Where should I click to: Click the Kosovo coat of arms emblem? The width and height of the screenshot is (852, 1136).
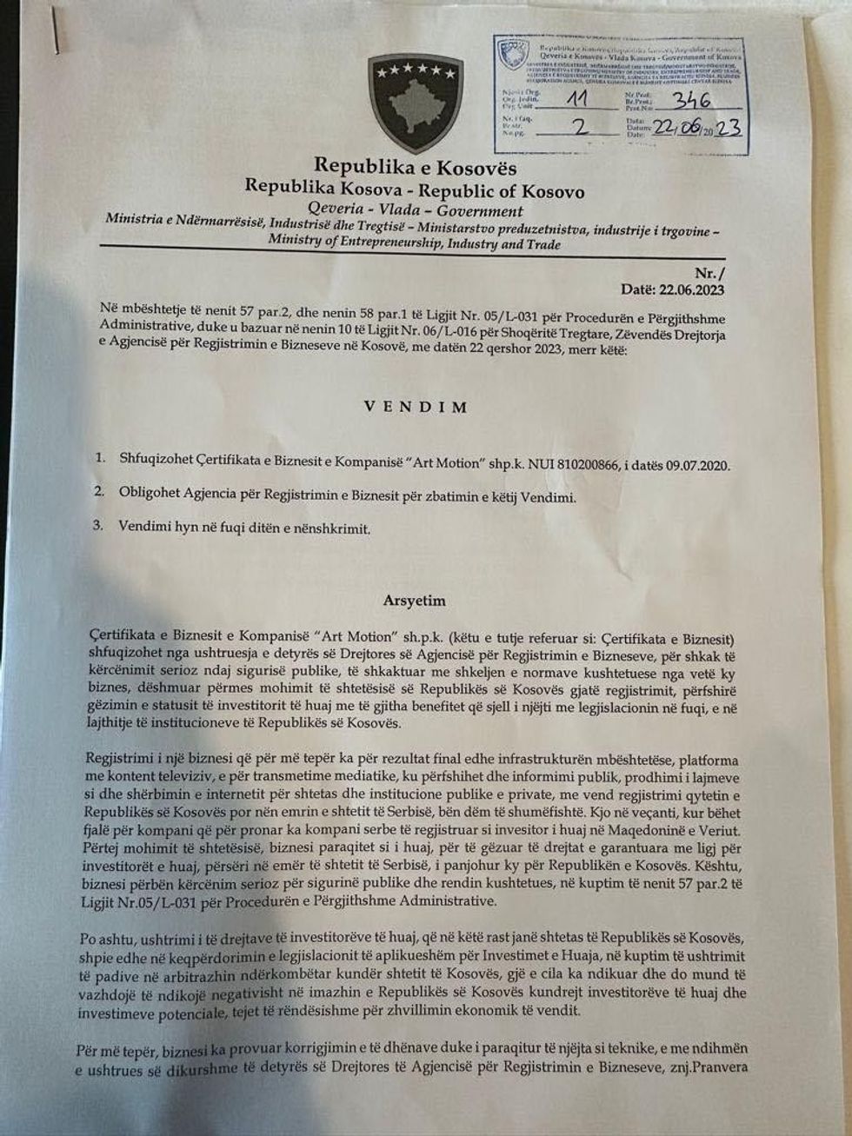pos(415,103)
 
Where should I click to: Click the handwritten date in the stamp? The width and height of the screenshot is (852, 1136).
pos(697,129)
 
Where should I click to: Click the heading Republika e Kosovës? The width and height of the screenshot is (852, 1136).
pos(415,166)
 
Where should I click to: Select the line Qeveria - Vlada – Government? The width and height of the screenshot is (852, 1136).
pos(416,211)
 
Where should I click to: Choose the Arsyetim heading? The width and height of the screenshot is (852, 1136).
pos(414,601)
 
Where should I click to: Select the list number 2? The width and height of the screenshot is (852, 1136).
pos(100,493)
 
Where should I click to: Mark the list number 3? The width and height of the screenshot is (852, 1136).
pos(100,526)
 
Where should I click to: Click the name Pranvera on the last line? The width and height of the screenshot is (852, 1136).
pos(717,1067)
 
